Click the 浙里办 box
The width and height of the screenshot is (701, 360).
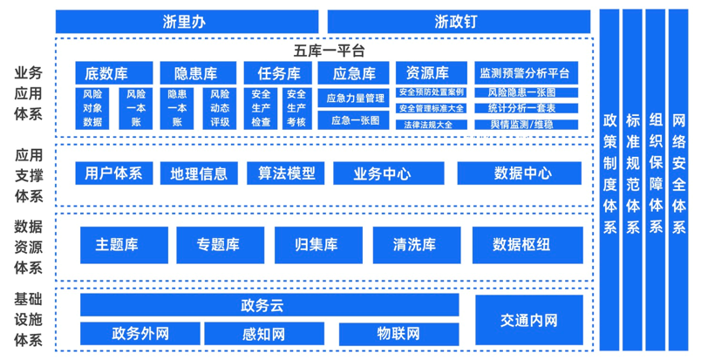[x=187, y=22]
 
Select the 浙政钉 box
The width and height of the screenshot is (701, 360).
[x=459, y=22]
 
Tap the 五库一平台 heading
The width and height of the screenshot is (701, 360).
[x=329, y=51]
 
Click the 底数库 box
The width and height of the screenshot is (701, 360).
[x=114, y=73]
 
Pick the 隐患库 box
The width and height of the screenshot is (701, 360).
[x=198, y=73]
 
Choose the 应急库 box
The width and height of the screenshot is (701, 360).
[x=353, y=73]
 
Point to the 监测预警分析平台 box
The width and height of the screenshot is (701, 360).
[x=527, y=73]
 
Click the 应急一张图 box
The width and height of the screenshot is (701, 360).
[x=353, y=120]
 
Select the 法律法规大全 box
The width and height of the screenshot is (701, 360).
[x=432, y=125]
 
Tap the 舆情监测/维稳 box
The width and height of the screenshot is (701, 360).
[x=527, y=125]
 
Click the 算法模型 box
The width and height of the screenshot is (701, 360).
[x=286, y=173]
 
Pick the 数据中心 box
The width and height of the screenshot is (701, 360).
[x=520, y=173]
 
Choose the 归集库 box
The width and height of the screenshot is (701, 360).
[x=319, y=245]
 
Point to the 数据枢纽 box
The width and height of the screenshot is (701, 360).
[x=527, y=245]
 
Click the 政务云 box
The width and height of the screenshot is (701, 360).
[x=269, y=305]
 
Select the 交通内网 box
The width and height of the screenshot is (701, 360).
[x=529, y=320]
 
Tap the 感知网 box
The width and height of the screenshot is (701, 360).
[x=264, y=334]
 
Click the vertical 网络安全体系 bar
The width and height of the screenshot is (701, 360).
[x=678, y=180]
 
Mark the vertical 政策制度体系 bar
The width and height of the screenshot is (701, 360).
[x=609, y=180]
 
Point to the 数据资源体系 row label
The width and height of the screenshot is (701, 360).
[x=28, y=247]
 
